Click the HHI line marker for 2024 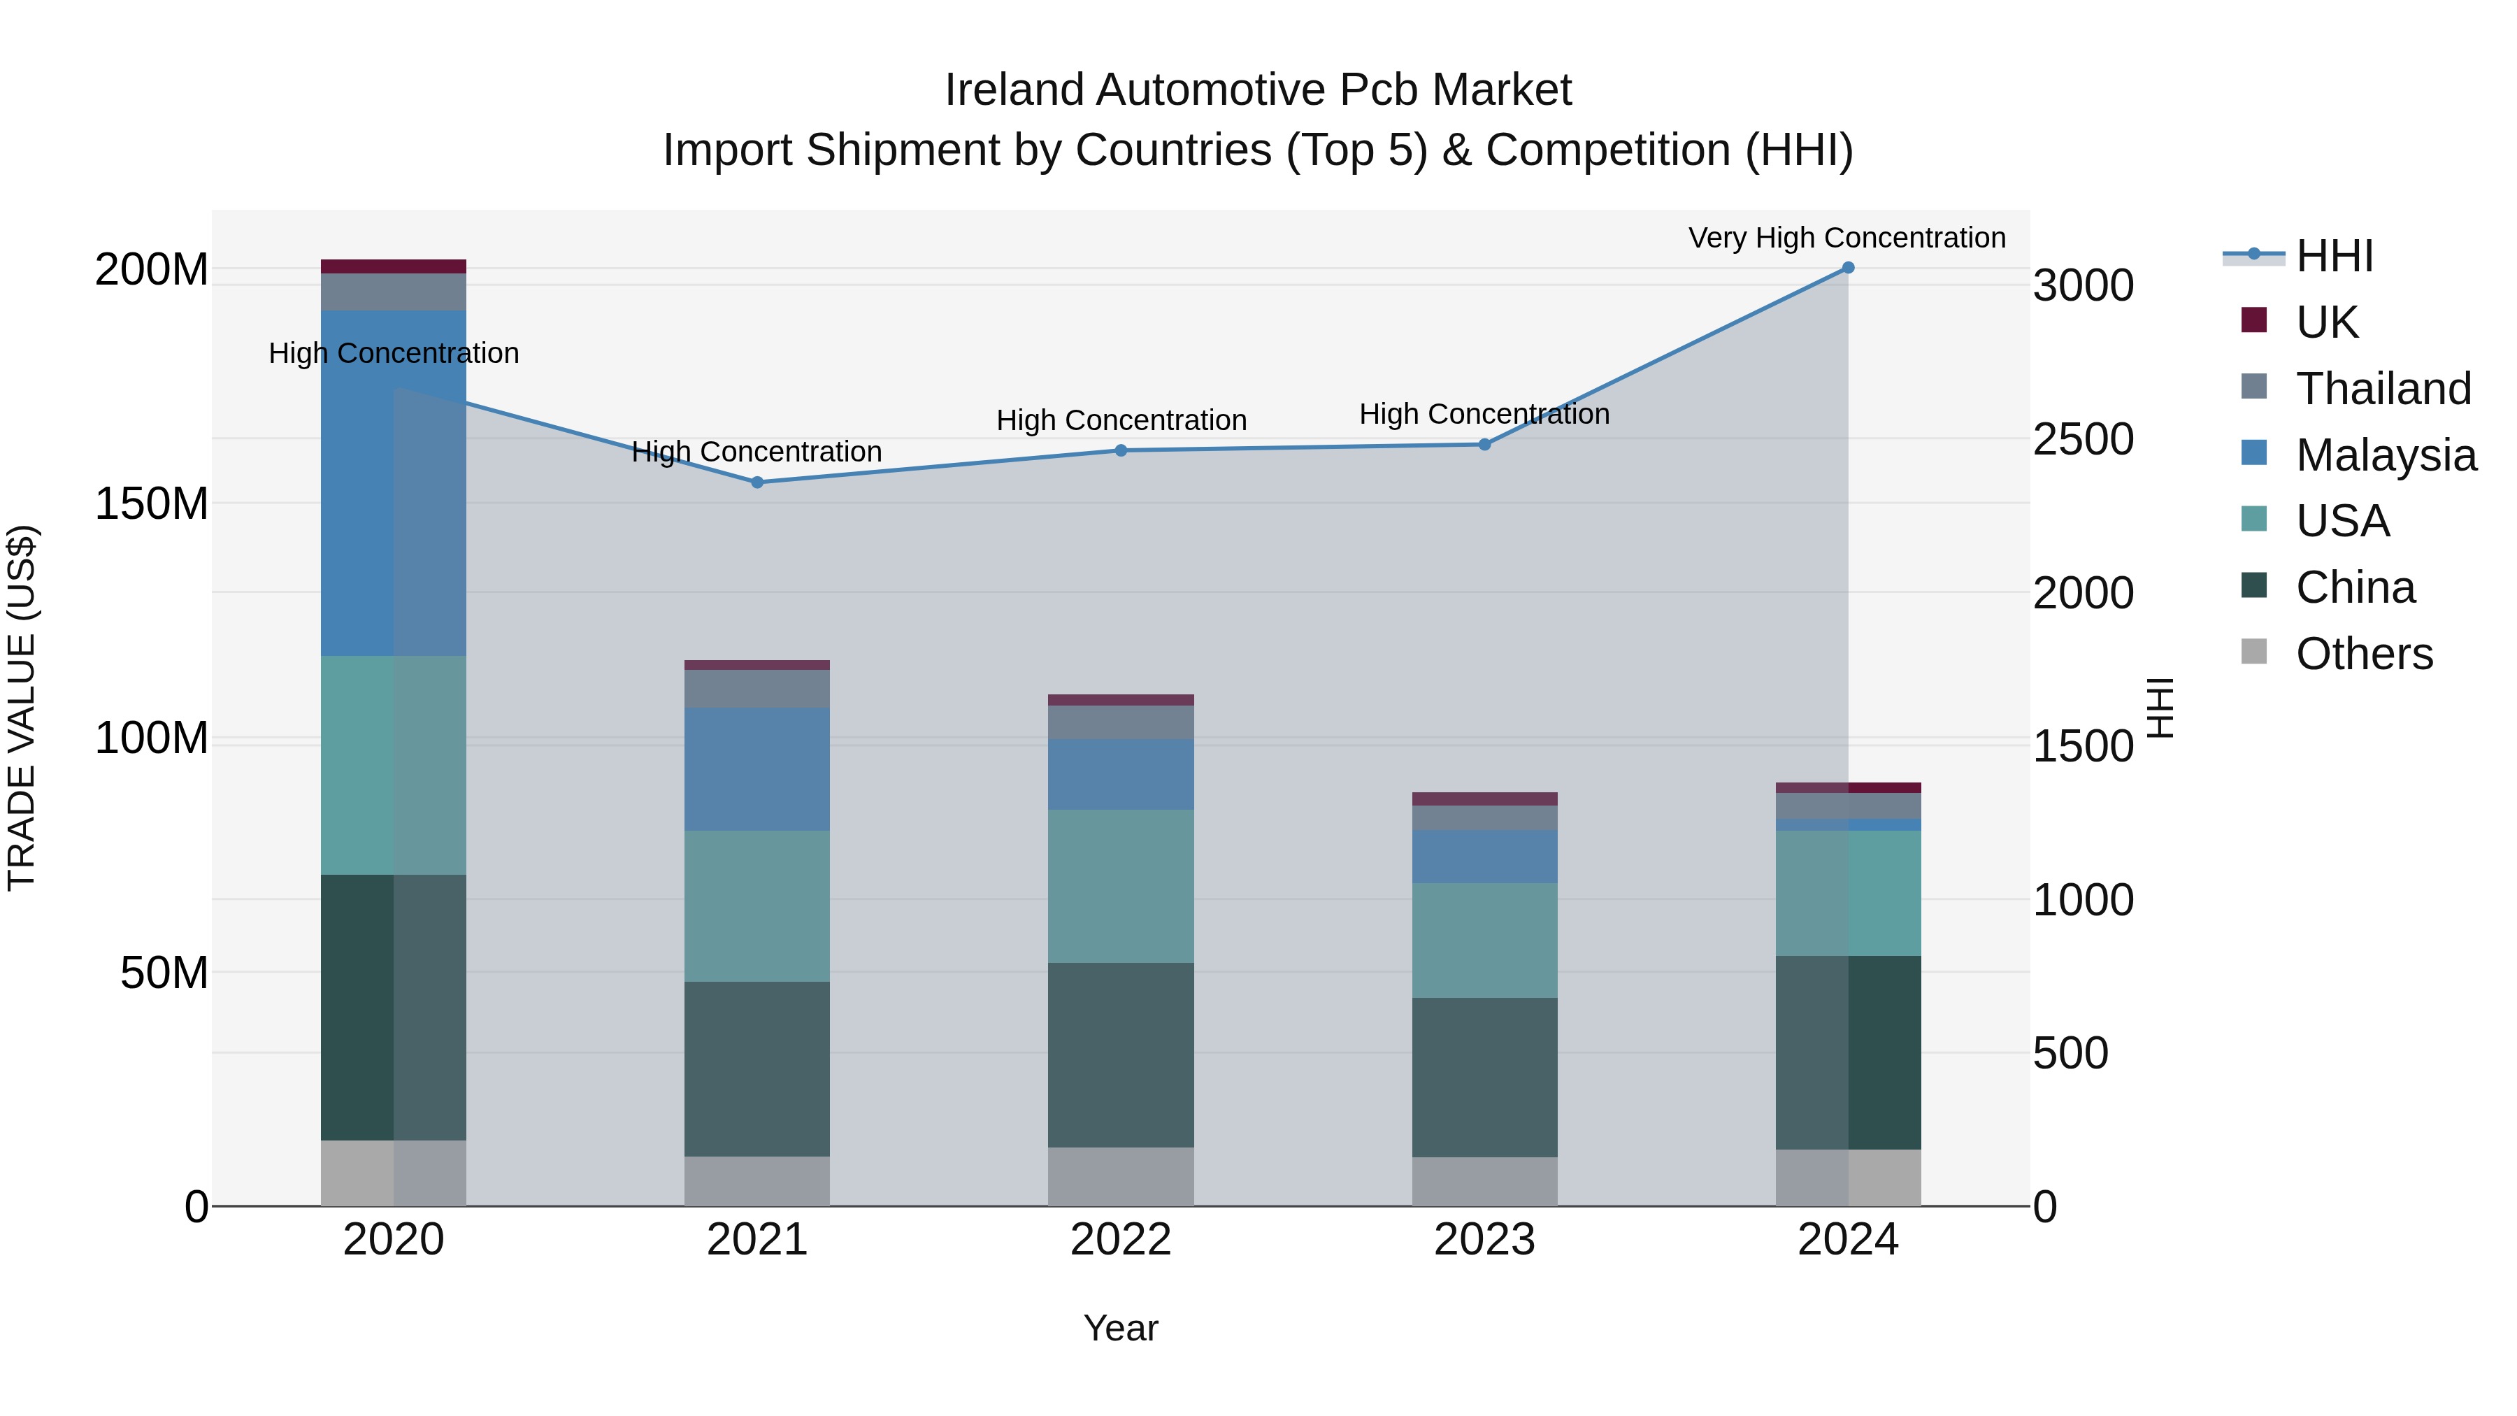[1848, 267]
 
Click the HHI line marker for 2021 [757, 482]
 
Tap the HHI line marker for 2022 [1121, 450]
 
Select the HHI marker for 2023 [1484, 445]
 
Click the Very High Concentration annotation [1846, 238]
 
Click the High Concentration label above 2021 [756, 452]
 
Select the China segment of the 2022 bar [1121, 1054]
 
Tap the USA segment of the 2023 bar [1484, 940]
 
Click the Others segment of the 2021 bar [757, 1180]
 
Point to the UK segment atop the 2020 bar [394, 266]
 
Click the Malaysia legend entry [2385, 455]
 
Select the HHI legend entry [2333, 256]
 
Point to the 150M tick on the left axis [152, 503]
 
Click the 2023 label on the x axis [1484, 1240]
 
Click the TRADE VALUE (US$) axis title [22, 708]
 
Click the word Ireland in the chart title [1014, 90]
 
